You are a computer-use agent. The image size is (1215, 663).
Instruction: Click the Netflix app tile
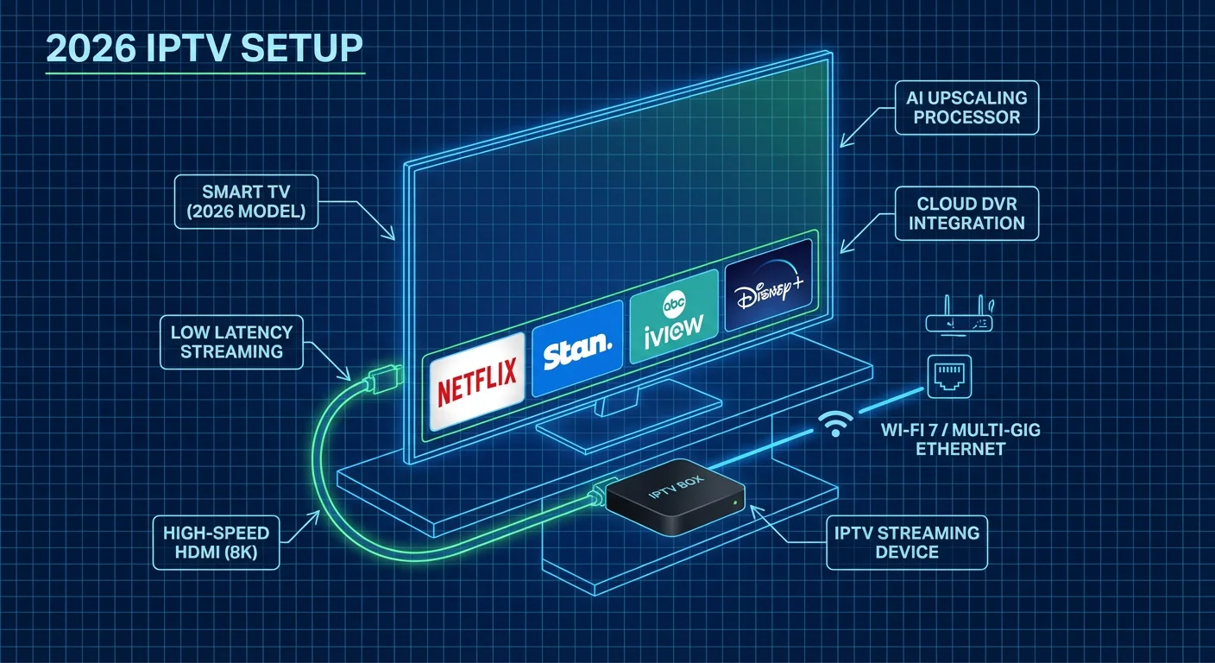(x=476, y=381)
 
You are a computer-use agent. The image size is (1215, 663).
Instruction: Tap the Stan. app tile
(x=576, y=348)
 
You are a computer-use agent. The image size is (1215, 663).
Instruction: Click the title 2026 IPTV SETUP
(x=204, y=48)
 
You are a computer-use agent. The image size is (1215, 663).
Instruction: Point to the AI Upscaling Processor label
(x=966, y=108)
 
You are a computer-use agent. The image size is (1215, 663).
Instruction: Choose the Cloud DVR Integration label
(x=966, y=213)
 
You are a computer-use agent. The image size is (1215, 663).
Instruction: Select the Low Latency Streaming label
(x=231, y=342)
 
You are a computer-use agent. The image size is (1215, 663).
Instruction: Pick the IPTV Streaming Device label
(x=906, y=542)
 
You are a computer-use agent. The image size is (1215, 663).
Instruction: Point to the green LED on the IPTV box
(x=733, y=502)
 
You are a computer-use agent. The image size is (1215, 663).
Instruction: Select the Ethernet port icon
(x=948, y=376)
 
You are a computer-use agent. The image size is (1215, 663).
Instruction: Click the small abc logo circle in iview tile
(x=673, y=304)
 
